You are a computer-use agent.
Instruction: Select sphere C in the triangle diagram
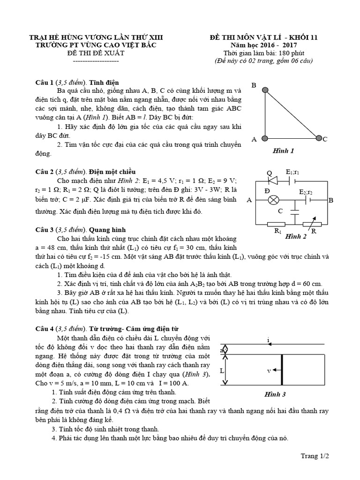[319, 138]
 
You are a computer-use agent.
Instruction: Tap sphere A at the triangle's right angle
[265, 138]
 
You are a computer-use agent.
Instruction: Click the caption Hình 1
[283, 151]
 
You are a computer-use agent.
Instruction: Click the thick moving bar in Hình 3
[282, 370]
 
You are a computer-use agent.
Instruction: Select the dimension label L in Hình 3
[222, 370]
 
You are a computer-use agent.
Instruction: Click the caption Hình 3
[276, 394]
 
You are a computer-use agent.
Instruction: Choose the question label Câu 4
[45, 329]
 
